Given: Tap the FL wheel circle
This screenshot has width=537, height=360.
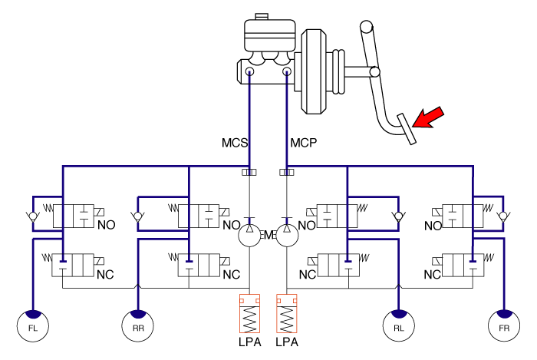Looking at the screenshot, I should (x=33, y=326).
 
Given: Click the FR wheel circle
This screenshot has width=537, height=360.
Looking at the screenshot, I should (x=503, y=326).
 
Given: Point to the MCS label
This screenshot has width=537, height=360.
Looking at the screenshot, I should (x=235, y=143).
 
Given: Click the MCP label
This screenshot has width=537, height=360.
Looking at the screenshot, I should (x=304, y=143).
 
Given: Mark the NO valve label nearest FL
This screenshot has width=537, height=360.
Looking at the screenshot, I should (x=106, y=226).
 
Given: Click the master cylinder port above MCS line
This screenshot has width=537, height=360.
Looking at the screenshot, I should (x=251, y=73).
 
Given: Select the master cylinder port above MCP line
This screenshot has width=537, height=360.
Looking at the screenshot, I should (x=287, y=73).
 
